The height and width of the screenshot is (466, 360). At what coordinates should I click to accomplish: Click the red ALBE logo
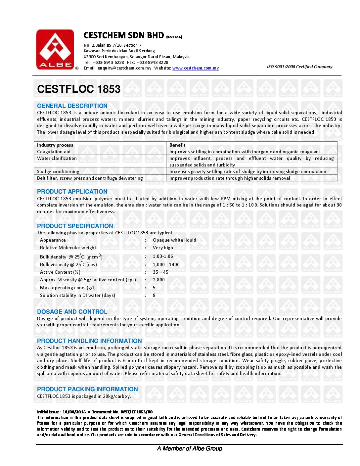click(x=55, y=49)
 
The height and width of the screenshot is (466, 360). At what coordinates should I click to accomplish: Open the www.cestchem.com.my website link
click(x=195, y=68)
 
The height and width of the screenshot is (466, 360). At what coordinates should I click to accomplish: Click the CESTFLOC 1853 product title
click(x=79, y=89)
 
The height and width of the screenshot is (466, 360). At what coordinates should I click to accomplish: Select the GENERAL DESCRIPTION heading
click(x=72, y=106)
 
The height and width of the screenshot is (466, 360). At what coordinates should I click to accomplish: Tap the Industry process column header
click(x=55, y=145)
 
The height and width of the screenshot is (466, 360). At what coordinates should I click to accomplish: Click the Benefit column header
click(x=177, y=145)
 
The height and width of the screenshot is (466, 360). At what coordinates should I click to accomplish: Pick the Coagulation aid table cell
click(x=54, y=152)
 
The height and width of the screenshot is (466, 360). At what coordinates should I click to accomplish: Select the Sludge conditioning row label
click(x=58, y=171)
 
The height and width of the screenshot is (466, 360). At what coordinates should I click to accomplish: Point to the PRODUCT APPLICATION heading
click(x=72, y=192)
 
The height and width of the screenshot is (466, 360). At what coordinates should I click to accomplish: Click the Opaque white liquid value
click(x=174, y=240)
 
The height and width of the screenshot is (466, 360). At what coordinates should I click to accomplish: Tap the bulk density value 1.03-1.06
click(x=163, y=256)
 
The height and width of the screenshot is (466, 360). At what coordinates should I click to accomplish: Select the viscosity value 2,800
click(x=158, y=280)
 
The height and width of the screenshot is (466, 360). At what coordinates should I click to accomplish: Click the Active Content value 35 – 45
click(x=160, y=272)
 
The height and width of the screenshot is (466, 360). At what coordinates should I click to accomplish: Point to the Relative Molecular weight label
click(x=68, y=248)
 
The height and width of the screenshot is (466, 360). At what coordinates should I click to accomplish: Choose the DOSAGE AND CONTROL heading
click(x=72, y=312)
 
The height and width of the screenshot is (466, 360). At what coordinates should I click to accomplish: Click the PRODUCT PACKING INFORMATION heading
click(x=87, y=389)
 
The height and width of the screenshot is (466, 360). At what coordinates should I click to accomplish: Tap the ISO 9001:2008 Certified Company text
click(x=299, y=67)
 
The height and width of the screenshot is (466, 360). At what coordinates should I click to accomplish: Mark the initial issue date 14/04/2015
click(x=74, y=412)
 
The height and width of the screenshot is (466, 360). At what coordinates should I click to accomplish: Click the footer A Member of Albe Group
click(x=190, y=448)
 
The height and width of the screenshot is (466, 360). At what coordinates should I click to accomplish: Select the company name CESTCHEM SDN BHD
click(x=124, y=35)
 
